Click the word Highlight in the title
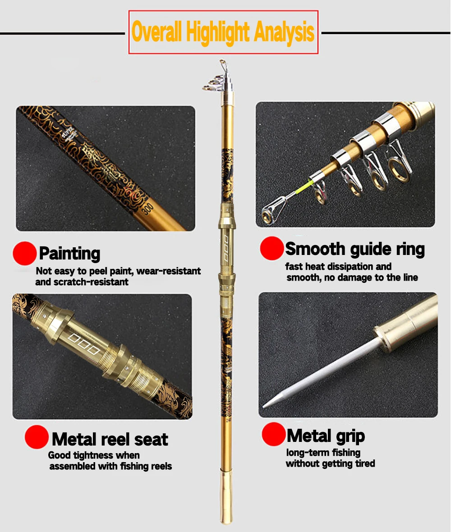tap(218, 33)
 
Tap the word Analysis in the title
tap(284, 32)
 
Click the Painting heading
tap(69, 254)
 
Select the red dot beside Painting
tap(24, 254)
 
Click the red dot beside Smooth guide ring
tap(272, 248)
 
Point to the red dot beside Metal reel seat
tap(37, 437)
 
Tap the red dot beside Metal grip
tap(274, 434)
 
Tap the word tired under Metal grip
tap(365, 464)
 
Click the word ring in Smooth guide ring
tap(410, 250)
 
